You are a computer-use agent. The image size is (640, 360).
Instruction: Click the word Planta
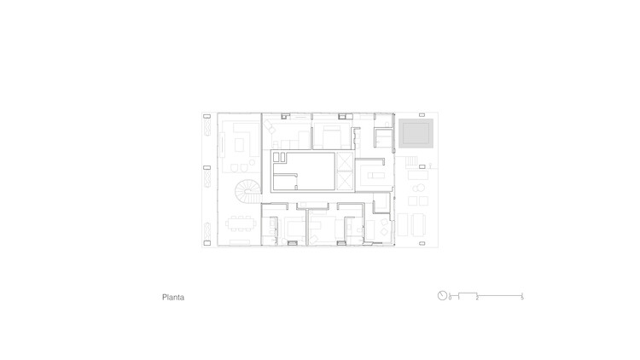point(173,299)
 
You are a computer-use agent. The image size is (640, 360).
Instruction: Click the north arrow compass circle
point(442,296)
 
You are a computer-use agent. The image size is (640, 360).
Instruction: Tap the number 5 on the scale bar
point(521,298)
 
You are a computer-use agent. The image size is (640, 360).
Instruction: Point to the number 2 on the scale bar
point(477,298)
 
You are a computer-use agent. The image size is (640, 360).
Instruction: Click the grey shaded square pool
point(416,133)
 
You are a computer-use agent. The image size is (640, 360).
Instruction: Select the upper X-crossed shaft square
point(345,161)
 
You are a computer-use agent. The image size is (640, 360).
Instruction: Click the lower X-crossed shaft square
point(345,180)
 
